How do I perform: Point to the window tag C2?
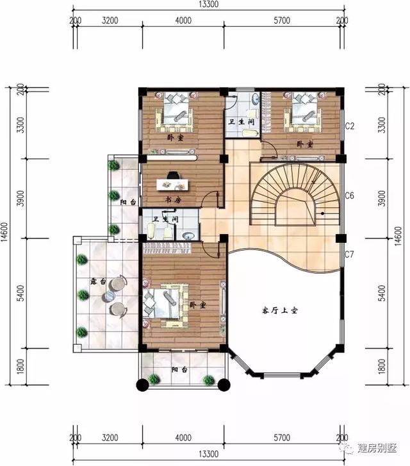point(350,125)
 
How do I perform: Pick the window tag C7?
point(350,254)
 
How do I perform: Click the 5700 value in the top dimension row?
point(281,21)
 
